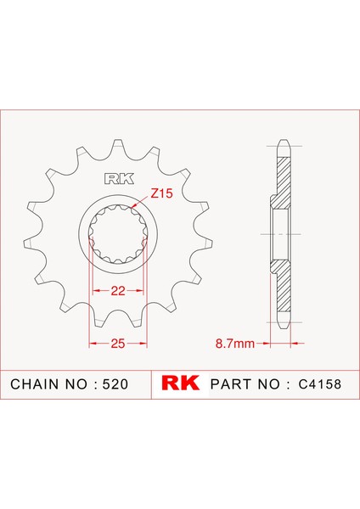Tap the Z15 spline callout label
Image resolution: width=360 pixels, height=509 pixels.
click(161, 194)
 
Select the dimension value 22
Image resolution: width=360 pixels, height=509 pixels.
click(118, 292)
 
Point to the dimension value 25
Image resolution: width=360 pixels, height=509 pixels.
click(118, 344)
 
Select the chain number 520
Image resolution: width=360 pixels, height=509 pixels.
click(114, 384)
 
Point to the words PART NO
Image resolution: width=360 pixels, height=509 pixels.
click(244, 384)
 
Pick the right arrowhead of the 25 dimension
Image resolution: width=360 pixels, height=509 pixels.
click(145, 344)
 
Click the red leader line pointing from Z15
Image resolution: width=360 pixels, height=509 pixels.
click(143, 202)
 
